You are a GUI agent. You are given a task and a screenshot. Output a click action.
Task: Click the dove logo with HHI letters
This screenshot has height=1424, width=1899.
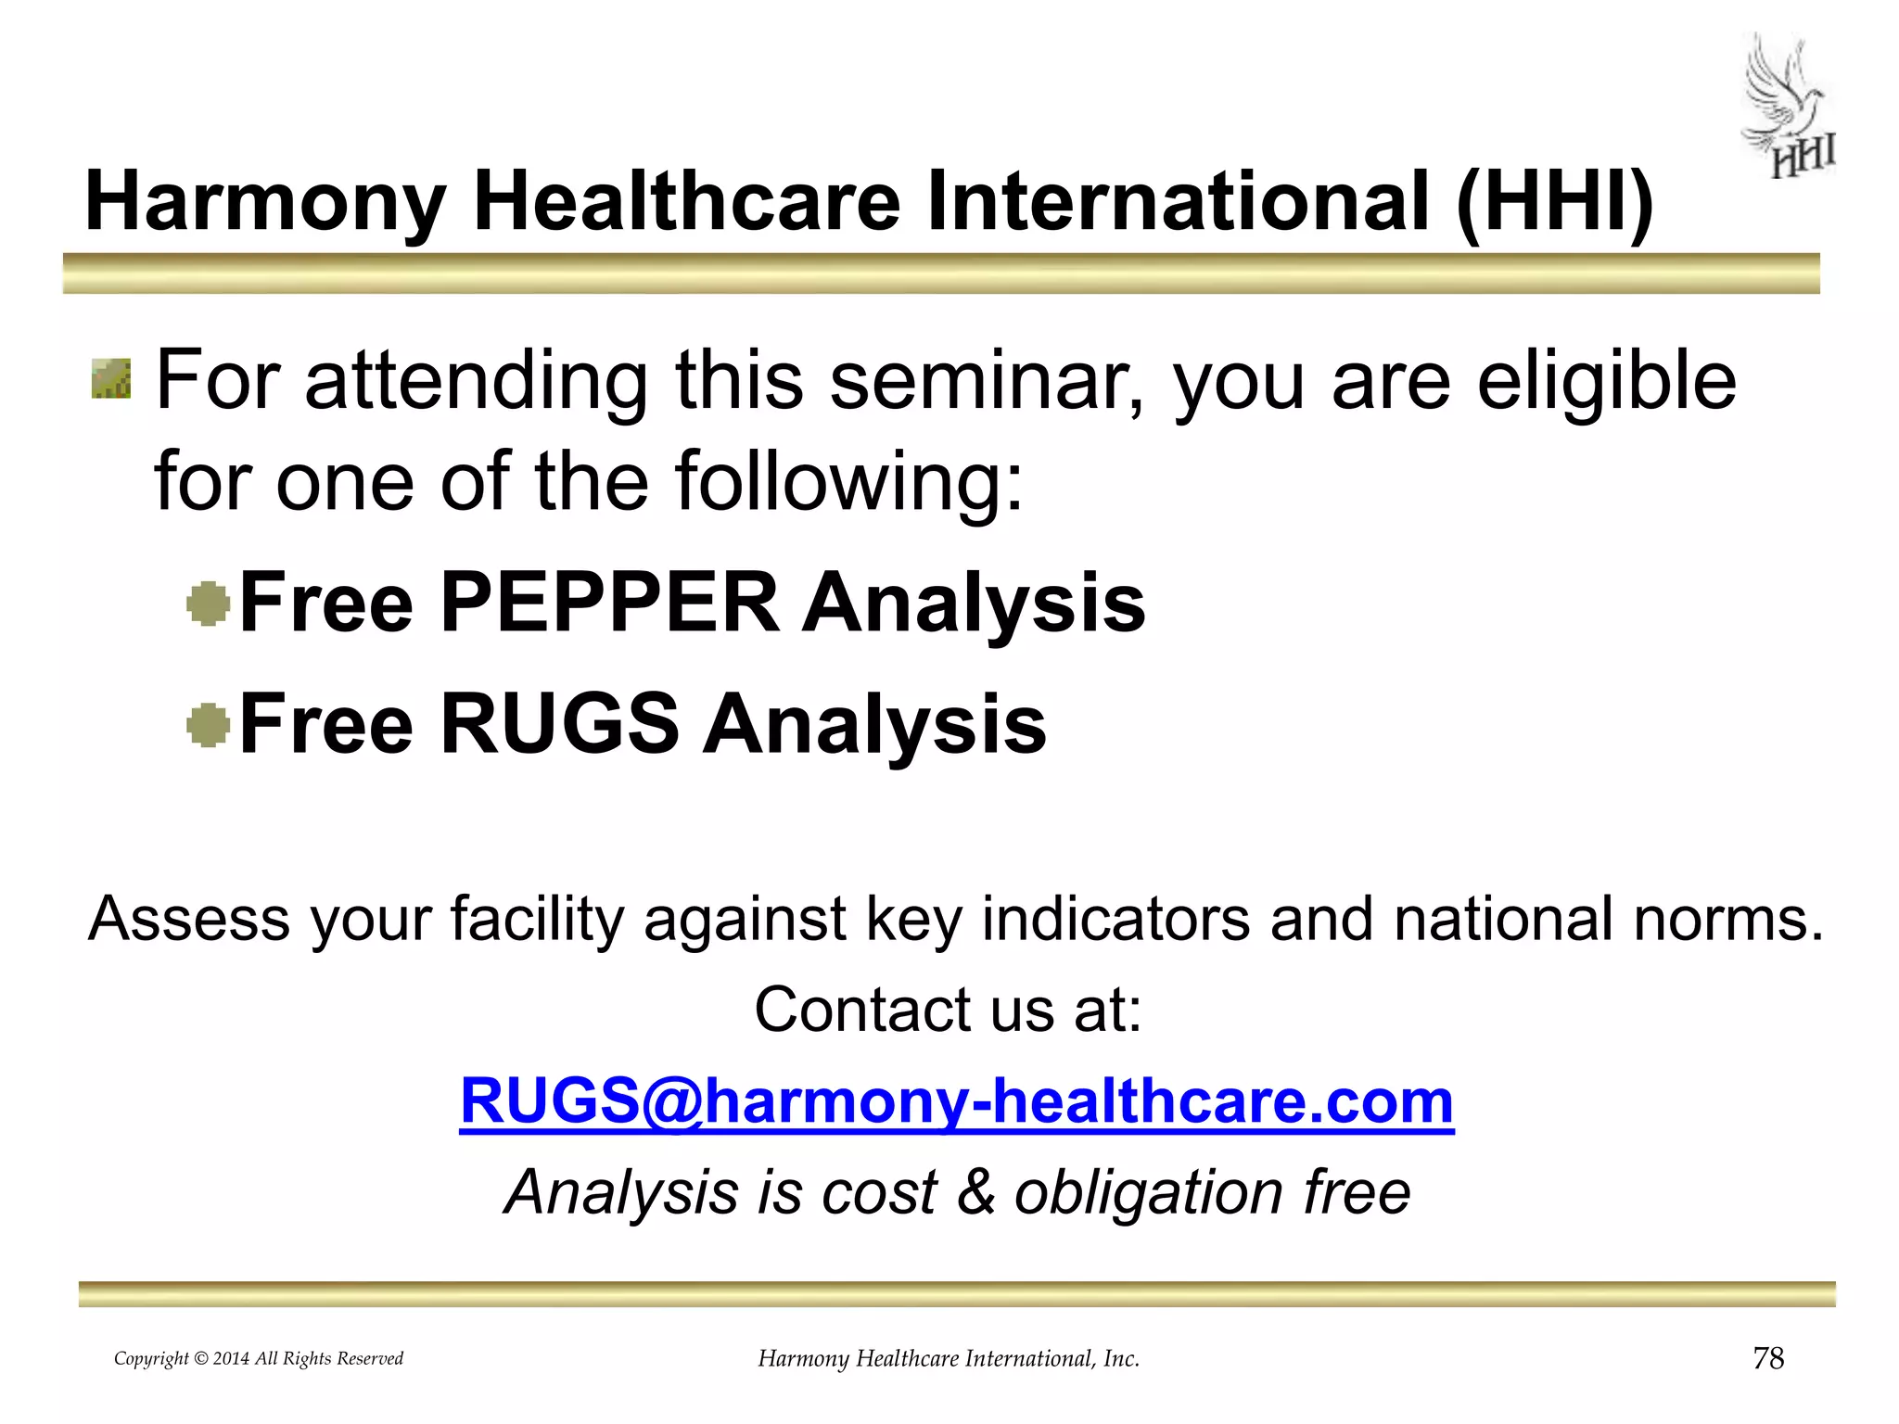coord(1787,107)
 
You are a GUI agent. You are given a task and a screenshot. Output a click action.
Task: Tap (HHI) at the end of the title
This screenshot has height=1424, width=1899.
coord(1555,202)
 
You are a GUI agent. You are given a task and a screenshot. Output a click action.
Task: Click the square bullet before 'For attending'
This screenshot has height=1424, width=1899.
coord(111,379)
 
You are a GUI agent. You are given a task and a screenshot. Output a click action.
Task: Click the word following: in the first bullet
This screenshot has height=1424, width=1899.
coord(848,481)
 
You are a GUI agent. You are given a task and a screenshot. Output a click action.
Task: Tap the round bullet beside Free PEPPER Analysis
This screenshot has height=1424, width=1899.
coord(208,604)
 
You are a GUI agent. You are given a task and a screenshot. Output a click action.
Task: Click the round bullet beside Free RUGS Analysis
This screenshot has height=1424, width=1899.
coord(208,725)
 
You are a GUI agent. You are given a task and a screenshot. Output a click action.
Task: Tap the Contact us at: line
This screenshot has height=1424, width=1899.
coord(948,1010)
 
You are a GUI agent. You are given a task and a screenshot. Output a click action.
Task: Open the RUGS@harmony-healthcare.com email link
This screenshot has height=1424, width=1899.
coord(956,1101)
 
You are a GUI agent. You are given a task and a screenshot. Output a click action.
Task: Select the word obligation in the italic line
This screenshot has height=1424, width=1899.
coord(1148,1192)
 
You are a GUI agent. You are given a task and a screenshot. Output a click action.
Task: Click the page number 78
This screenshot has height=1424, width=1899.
coord(1768,1358)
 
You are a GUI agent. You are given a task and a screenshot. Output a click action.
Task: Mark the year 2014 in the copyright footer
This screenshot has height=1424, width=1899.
coord(231,1359)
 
